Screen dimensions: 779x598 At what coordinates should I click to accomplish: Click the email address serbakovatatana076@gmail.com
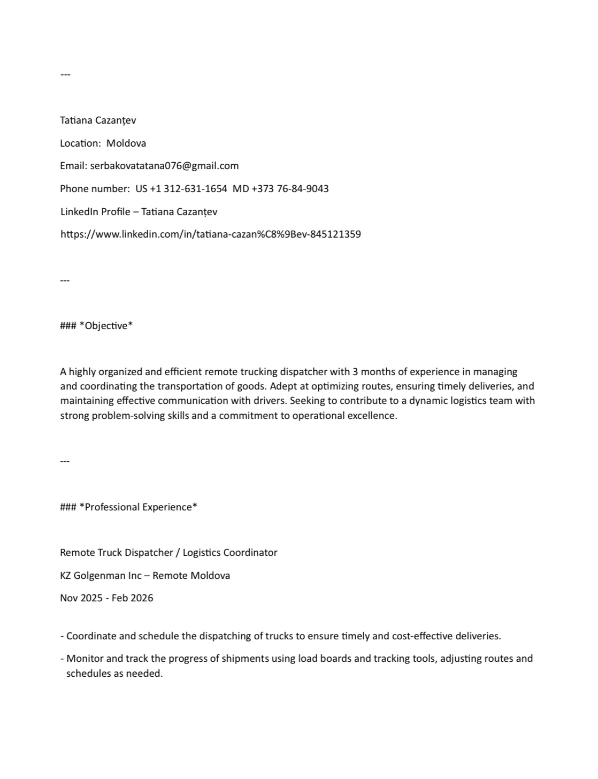[x=164, y=166]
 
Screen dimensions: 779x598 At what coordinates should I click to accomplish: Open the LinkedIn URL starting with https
[x=210, y=234]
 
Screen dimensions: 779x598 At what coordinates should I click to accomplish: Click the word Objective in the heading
[x=106, y=326]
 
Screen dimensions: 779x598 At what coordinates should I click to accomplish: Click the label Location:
[x=80, y=143]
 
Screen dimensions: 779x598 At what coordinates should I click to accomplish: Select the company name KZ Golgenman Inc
[x=101, y=576]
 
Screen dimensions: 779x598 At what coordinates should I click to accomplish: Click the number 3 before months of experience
[x=355, y=372]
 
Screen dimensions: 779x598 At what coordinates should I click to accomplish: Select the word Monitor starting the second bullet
[x=86, y=659]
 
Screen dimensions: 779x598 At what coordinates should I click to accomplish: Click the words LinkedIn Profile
[x=95, y=212]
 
